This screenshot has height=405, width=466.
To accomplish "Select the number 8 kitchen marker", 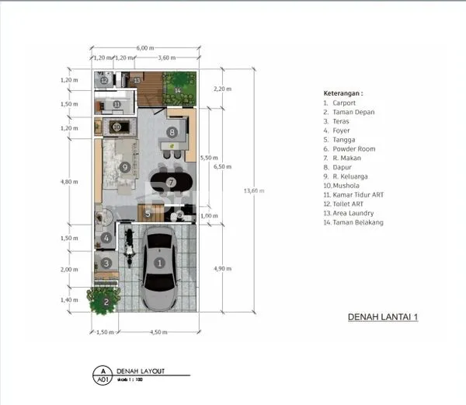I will (x=172, y=133).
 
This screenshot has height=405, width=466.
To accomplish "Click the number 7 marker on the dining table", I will (x=169, y=182).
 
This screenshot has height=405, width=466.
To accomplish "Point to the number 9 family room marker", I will (x=123, y=166).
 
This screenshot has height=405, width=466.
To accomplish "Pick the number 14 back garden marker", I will (x=177, y=90).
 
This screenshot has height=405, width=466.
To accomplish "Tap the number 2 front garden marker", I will (x=105, y=302).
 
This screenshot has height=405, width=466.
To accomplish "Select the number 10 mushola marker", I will (x=116, y=127).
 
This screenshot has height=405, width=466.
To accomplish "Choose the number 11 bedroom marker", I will (x=116, y=104).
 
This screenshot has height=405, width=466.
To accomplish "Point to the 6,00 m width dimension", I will (x=144, y=48).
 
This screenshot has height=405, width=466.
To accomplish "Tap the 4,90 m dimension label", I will (x=223, y=269).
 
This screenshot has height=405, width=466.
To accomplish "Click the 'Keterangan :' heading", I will (x=343, y=92).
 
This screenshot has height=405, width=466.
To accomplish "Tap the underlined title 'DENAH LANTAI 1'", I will (x=382, y=317).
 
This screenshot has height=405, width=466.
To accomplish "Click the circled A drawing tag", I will (x=100, y=372).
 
